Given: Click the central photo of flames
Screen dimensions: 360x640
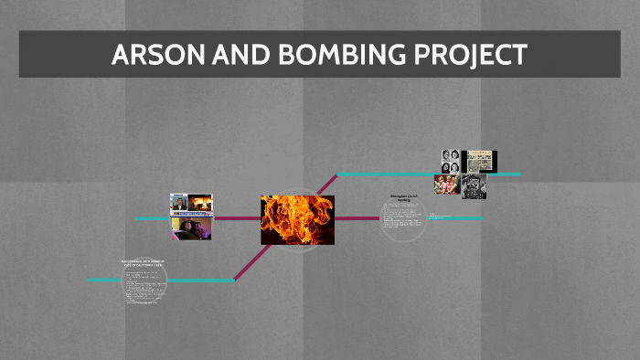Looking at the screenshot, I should (297, 220).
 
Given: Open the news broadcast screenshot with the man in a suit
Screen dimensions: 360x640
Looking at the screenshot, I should (190, 204).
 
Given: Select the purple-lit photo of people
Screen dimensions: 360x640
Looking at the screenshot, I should (190, 228).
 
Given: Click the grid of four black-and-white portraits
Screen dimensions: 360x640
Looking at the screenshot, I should (451, 161).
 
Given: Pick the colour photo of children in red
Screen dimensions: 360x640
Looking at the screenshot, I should (446, 185).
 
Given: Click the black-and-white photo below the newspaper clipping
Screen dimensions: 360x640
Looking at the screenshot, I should (474, 186).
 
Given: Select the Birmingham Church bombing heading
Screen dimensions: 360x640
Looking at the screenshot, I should (403, 197).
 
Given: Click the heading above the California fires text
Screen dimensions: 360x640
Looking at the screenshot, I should (145, 263).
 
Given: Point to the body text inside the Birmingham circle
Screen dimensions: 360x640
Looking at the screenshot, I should (402, 219).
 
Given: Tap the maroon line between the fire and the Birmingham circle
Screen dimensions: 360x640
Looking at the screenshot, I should (357, 218).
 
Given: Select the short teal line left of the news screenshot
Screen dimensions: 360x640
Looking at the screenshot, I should (151, 218).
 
